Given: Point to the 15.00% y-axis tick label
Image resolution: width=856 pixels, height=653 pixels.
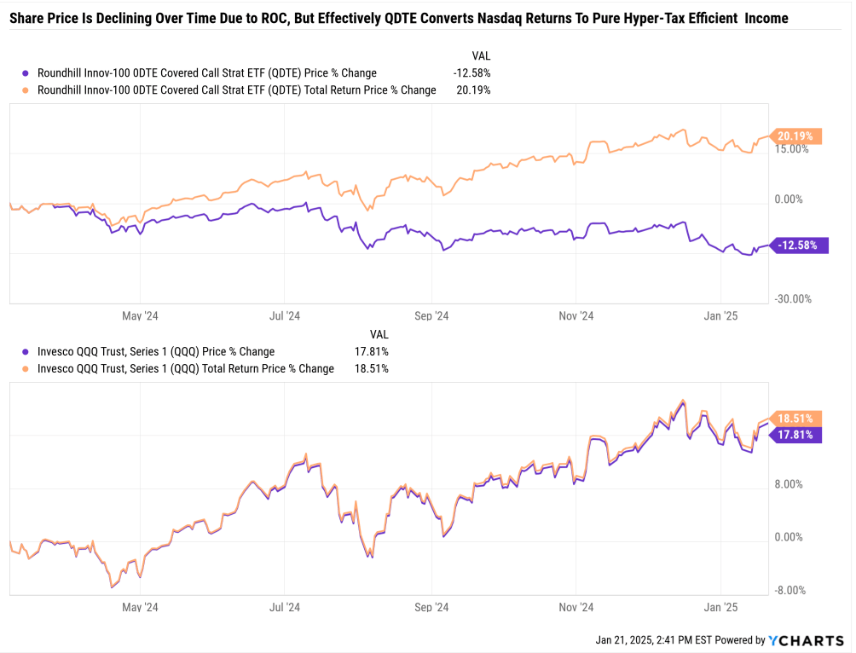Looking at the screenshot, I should [x=791, y=149].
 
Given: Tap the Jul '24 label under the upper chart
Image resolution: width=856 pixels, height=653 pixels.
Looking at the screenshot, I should [x=285, y=315].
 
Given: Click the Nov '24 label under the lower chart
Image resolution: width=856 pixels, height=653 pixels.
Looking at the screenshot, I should [x=576, y=607].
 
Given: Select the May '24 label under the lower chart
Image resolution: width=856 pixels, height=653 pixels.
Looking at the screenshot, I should [x=140, y=607].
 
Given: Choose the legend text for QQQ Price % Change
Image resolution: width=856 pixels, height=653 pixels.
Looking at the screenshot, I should [x=156, y=351].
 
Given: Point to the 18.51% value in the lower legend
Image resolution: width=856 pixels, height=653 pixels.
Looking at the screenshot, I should [x=372, y=369].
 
